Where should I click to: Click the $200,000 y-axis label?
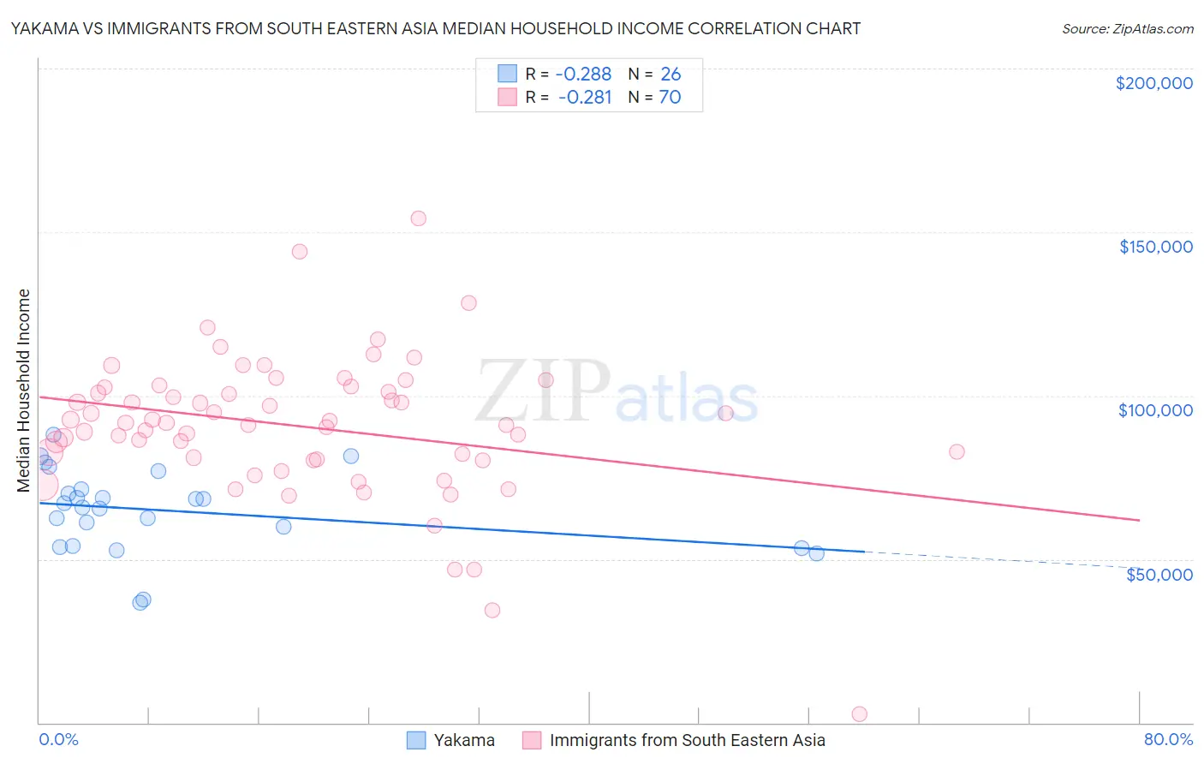click(1153, 83)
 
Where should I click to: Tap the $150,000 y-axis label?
click(1155, 247)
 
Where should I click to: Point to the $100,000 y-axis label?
click(1155, 410)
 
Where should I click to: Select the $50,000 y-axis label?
click(1159, 574)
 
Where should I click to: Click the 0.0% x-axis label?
click(58, 739)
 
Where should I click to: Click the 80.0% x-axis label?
click(1168, 739)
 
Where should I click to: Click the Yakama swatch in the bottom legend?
click(416, 740)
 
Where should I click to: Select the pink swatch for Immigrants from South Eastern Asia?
click(532, 740)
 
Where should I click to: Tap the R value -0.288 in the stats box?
click(584, 75)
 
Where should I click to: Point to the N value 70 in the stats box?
click(670, 98)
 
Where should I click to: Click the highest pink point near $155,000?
click(418, 218)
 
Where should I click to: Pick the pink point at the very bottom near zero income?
click(859, 714)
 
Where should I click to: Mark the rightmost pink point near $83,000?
click(957, 452)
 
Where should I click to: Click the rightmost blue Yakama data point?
click(817, 553)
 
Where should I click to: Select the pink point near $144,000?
click(300, 252)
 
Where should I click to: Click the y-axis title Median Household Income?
click(24, 391)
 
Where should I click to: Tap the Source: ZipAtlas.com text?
click(1127, 29)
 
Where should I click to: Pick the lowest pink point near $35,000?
click(492, 611)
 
